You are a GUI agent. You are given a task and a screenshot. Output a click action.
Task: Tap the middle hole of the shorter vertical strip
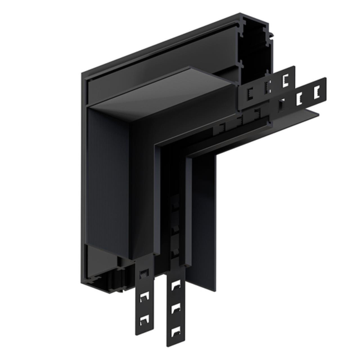(x=145, y=296)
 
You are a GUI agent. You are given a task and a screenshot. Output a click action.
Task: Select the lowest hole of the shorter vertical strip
(x=145, y=318)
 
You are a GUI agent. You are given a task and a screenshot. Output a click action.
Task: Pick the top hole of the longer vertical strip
(x=176, y=285)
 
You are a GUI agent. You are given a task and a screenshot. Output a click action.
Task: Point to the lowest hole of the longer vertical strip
(x=176, y=331)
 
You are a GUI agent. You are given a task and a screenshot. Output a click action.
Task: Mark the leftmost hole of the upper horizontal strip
(x=249, y=94)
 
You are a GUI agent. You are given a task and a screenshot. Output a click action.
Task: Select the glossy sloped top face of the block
(x=162, y=94)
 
